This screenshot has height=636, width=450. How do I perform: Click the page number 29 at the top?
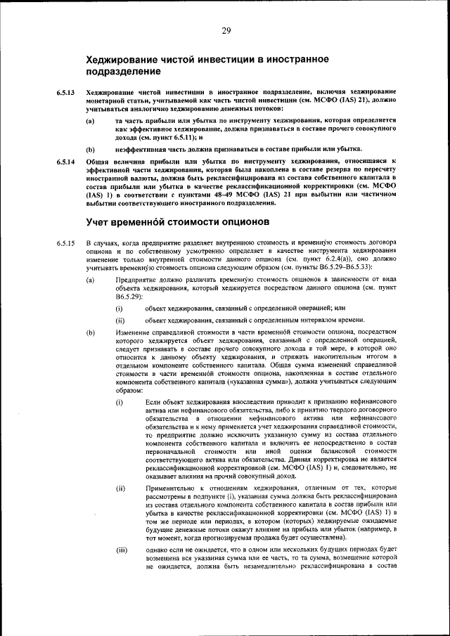(x=226, y=30)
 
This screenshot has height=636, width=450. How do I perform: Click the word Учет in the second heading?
(x=99, y=223)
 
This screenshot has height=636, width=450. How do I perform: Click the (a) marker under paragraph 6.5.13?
(x=91, y=122)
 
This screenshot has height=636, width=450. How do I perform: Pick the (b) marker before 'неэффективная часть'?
(x=91, y=150)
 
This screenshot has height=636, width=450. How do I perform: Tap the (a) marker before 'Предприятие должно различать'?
(x=91, y=281)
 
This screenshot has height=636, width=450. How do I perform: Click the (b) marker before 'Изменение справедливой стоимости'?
(x=91, y=331)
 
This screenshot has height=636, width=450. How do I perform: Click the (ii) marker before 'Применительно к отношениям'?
(x=121, y=487)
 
